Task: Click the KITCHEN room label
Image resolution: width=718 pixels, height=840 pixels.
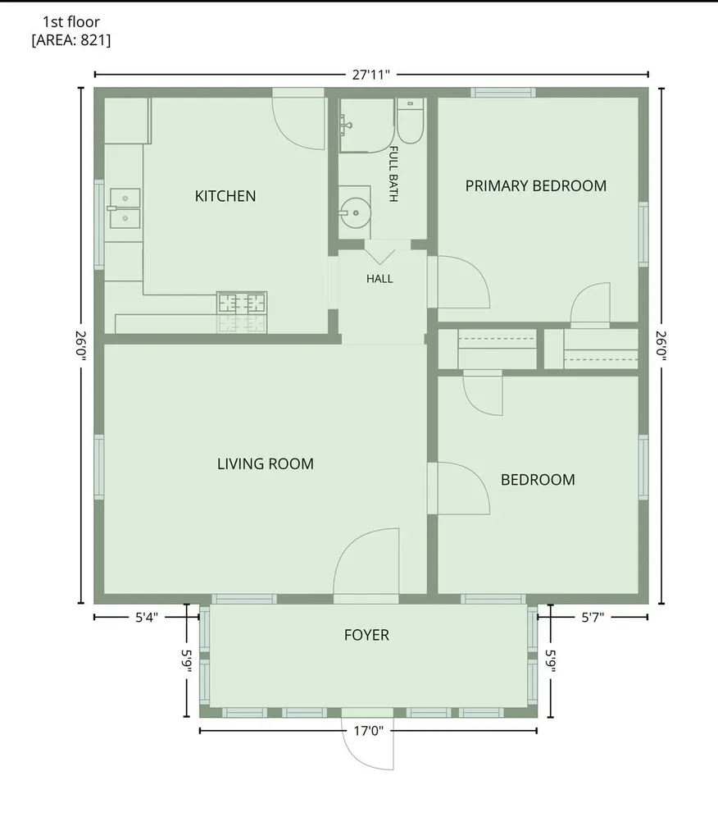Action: pos(225,196)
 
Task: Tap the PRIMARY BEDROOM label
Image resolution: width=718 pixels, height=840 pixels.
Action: pos(535,186)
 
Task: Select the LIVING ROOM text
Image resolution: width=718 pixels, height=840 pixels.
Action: pos(265,464)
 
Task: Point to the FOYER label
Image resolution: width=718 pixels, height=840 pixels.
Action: pos(366,635)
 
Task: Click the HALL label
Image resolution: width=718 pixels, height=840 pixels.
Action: pos(379,279)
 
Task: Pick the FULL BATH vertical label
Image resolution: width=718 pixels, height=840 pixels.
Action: pos(393,174)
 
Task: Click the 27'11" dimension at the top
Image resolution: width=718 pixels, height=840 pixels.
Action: pos(371,75)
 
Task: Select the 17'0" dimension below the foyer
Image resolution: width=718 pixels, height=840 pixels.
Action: pos(368,731)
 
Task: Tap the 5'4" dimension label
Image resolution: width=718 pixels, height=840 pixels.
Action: pos(146,618)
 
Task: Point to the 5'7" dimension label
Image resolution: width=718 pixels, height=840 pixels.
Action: pos(593,618)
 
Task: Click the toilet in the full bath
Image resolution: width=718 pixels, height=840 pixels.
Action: pos(411,121)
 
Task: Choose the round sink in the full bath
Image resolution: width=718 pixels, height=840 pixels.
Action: pos(356,213)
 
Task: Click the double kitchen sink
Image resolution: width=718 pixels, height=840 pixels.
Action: pos(125,208)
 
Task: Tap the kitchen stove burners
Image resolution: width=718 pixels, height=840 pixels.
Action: pos(242,304)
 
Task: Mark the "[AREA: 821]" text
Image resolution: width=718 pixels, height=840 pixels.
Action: pos(71,40)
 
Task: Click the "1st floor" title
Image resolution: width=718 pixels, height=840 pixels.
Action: pos(71,22)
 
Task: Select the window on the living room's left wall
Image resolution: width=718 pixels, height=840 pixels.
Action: pos(99,467)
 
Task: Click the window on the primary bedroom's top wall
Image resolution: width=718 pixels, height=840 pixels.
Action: pos(503,93)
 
